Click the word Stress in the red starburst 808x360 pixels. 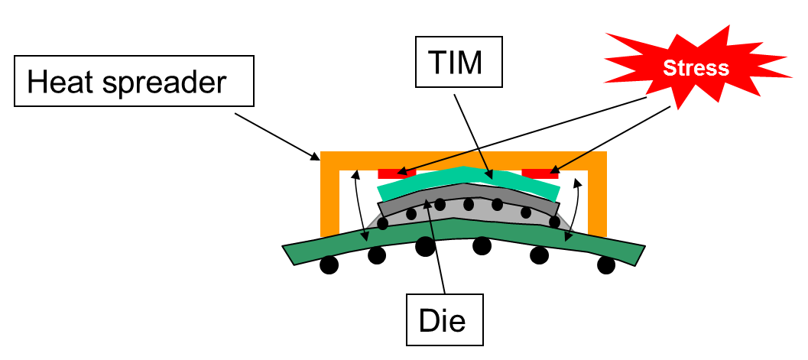pyautogui.click(x=696, y=68)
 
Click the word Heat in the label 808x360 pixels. pyautogui.click(x=61, y=81)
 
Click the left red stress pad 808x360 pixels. pyautogui.click(x=397, y=173)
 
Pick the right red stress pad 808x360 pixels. pyautogui.click(x=540, y=173)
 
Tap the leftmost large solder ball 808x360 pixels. pyautogui.click(x=329, y=264)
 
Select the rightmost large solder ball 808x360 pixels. pyautogui.click(x=606, y=265)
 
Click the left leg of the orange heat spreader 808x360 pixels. pyautogui.click(x=329, y=199)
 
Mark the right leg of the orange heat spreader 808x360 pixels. pyautogui.click(x=597, y=199)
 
